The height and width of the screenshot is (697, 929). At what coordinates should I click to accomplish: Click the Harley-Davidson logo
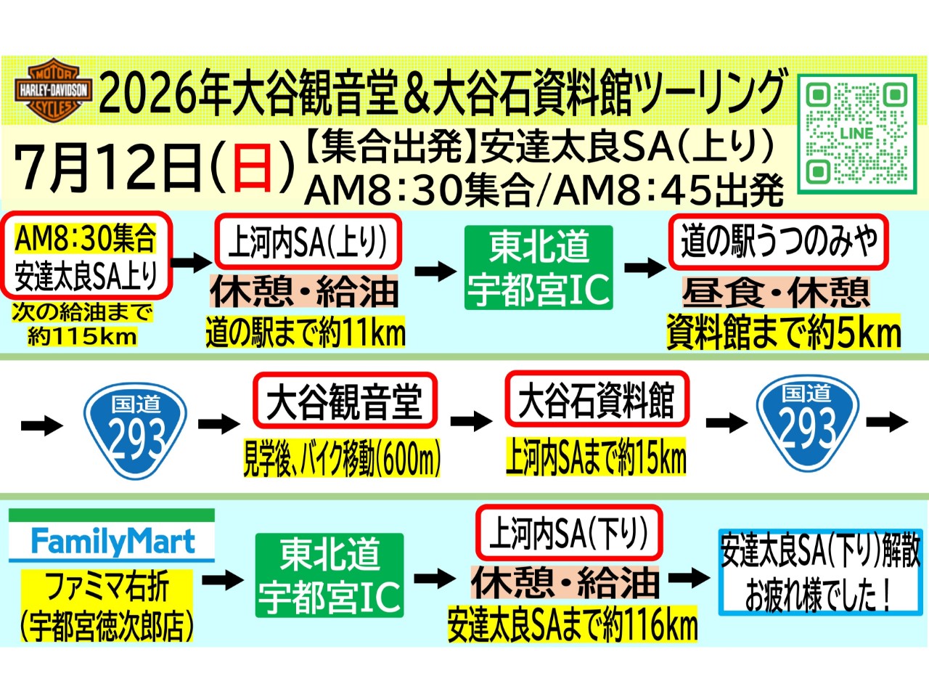[53, 91]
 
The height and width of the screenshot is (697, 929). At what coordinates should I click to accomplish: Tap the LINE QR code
[857, 134]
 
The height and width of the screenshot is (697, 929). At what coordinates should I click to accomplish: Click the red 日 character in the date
[252, 167]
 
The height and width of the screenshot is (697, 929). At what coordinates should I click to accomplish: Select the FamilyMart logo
[112, 536]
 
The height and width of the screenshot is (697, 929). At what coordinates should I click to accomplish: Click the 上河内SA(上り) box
[308, 242]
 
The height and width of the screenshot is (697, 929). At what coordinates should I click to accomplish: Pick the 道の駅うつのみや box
[778, 242]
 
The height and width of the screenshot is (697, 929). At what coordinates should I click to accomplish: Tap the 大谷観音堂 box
[345, 400]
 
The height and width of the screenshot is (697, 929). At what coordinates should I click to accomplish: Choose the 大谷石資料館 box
[597, 399]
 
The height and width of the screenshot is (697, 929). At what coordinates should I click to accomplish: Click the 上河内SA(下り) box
[569, 532]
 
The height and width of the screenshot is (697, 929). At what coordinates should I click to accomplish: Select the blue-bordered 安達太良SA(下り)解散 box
[820, 572]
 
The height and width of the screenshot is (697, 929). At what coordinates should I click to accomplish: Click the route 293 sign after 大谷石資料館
[808, 423]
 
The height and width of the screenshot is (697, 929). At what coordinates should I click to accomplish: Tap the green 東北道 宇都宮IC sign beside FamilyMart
[330, 575]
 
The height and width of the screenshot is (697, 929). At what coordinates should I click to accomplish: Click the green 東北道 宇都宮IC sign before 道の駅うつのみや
[539, 267]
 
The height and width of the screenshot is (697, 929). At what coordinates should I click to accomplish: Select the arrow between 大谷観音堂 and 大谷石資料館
[472, 420]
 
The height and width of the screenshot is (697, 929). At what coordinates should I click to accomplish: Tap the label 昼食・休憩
[776, 292]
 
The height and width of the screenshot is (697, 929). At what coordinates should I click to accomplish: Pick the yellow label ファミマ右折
[108, 587]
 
